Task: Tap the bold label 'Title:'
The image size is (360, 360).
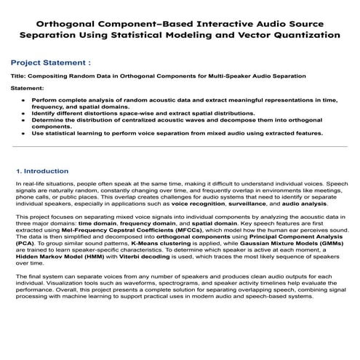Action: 20,76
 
